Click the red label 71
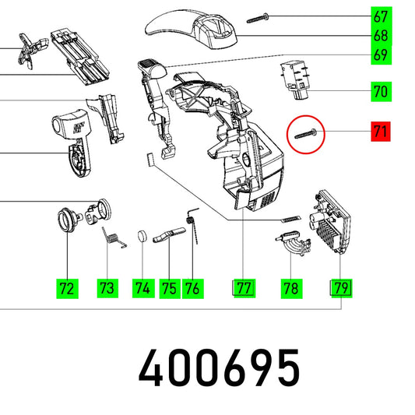[x=380, y=132]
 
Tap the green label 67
[x=381, y=16]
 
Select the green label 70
[x=381, y=92]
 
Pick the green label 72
[x=67, y=289]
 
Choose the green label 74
[x=143, y=288]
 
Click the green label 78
[x=291, y=289]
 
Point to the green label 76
[x=192, y=289]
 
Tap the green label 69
[x=381, y=55]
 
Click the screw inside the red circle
[x=306, y=133]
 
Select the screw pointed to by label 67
[x=258, y=19]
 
